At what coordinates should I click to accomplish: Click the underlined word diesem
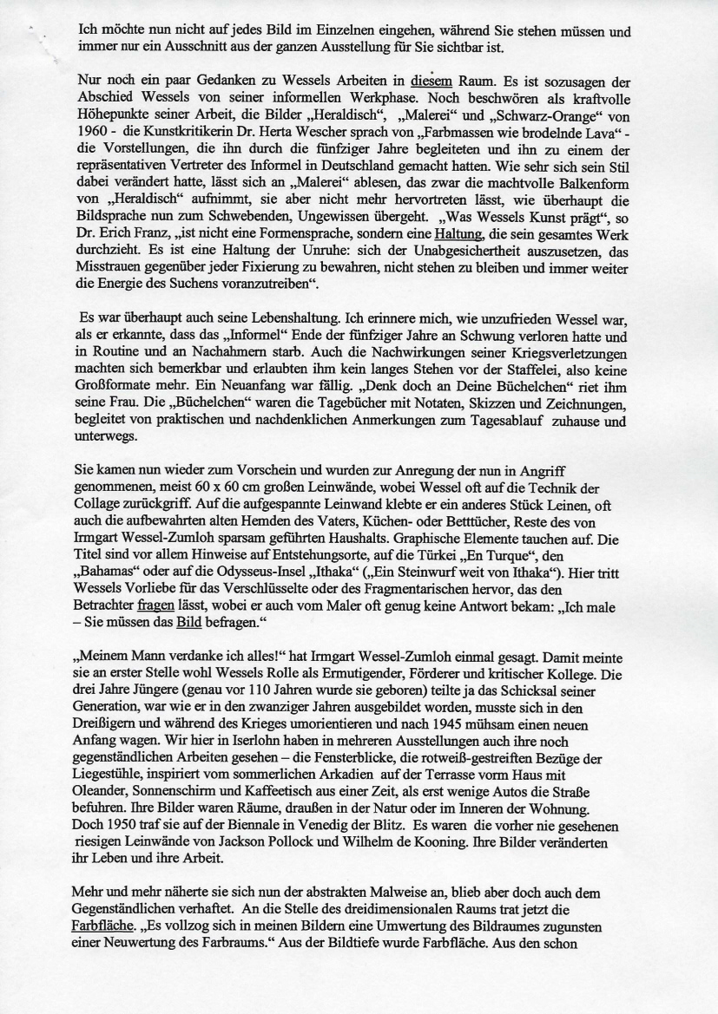(433, 82)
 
